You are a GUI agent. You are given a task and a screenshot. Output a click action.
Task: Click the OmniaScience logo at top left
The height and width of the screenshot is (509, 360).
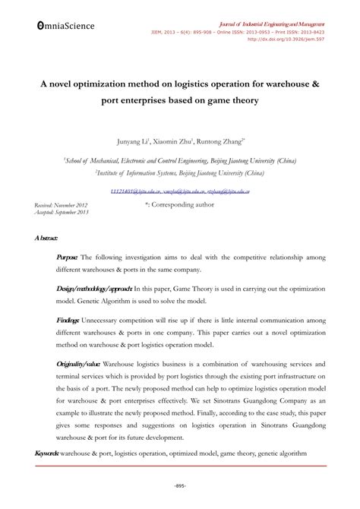coord(65,25)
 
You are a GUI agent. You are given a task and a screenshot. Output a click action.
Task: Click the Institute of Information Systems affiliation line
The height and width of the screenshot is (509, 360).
coord(180,172)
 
